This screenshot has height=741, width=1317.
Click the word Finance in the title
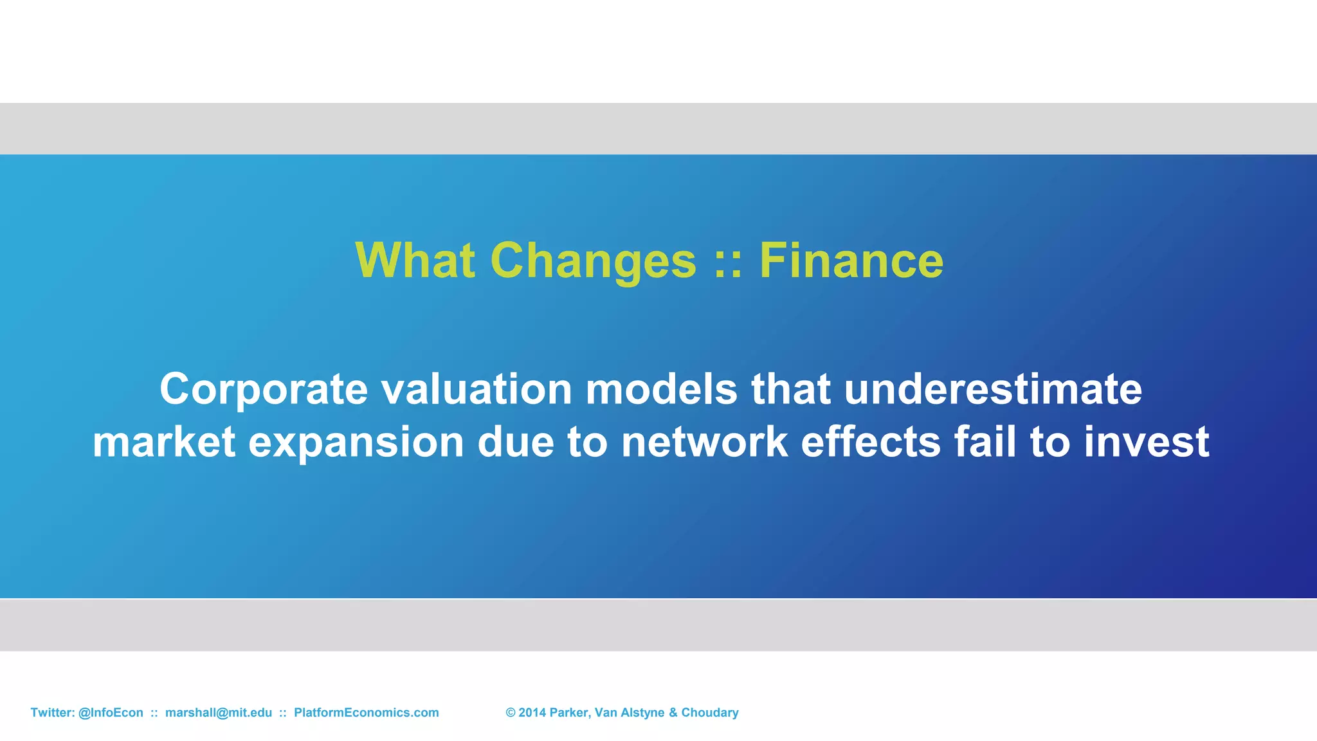pos(851,261)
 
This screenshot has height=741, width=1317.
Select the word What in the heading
pos(415,261)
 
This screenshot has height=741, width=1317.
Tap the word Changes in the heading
pos(593,261)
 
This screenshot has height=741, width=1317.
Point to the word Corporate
pos(264,390)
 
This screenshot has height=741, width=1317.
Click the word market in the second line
pos(164,442)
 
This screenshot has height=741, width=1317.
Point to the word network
pos(704,442)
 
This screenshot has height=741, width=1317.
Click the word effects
pos(871,442)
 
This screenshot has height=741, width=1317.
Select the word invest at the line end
pos(1147,442)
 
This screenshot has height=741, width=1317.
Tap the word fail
pos(985,442)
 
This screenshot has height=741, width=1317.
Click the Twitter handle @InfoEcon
pos(111,713)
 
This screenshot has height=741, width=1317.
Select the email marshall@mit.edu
pos(219,713)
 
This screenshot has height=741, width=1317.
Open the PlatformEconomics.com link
pos(366,713)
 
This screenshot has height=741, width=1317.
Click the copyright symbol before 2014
pos(511,713)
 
